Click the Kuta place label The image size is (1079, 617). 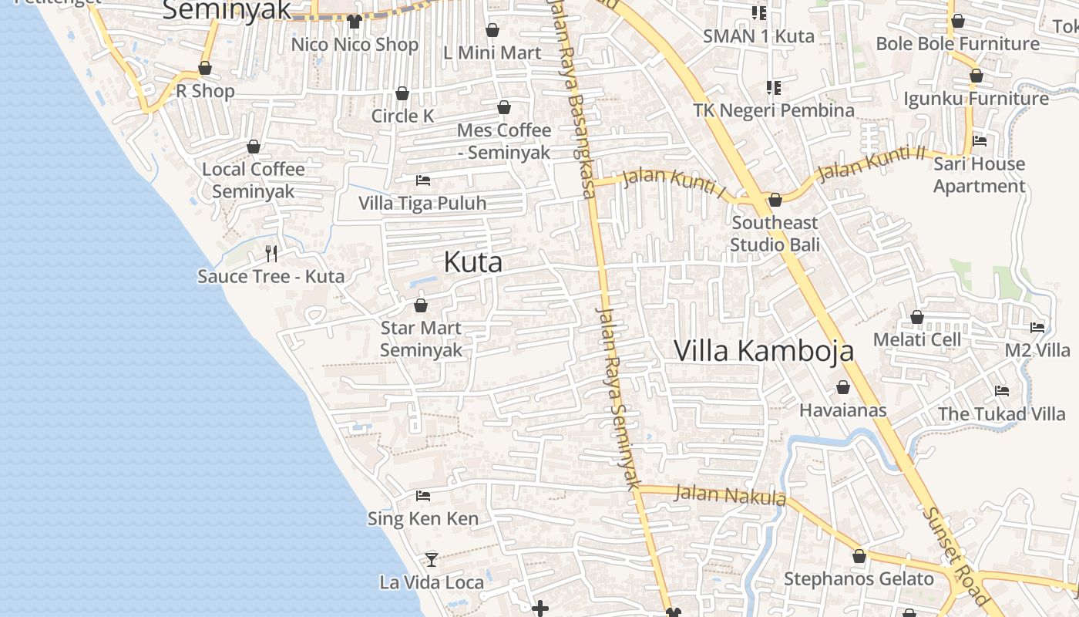(473, 262)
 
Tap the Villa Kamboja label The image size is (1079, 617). (764, 350)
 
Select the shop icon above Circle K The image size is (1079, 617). (402, 94)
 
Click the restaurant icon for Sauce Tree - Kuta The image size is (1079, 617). (271, 253)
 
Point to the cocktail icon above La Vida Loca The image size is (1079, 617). (432, 559)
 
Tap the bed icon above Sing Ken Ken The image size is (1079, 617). (422, 495)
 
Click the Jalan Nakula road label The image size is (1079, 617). (730, 494)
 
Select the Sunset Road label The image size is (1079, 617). (956, 555)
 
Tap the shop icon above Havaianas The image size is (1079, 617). (843, 387)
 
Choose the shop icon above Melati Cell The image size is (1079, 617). (917, 317)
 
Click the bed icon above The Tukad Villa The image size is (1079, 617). (1002, 391)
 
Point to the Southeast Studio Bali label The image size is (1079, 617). (775, 234)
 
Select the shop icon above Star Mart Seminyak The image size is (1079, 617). (421, 306)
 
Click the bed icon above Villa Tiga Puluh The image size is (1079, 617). (422, 180)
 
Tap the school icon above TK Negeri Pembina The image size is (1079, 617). (773, 88)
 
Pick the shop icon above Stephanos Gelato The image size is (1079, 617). (859, 556)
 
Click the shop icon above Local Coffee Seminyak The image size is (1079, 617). (254, 147)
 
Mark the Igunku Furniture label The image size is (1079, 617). (976, 99)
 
